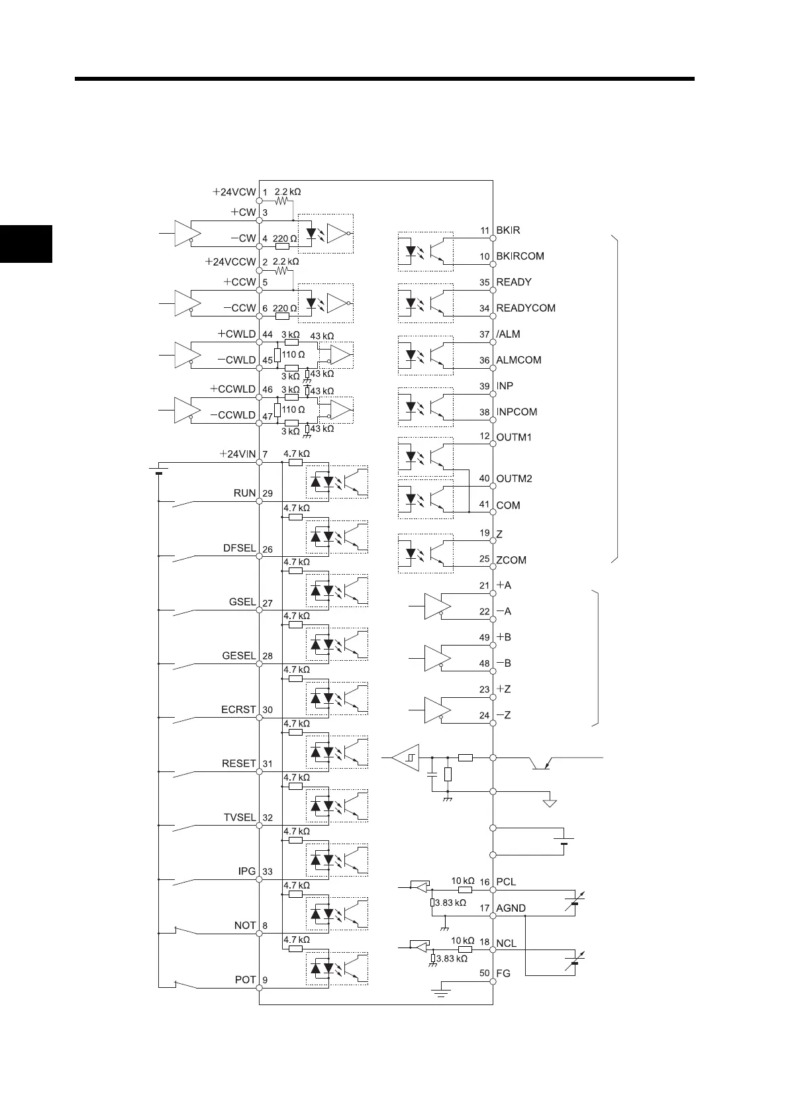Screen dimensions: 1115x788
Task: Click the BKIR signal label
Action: [x=508, y=230]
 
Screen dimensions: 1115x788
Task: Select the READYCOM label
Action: [x=526, y=308]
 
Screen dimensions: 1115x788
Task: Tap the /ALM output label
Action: [x=509, y=334]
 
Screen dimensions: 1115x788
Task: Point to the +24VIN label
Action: [x=238, y=454]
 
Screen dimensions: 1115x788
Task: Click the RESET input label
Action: [x=238, y=763]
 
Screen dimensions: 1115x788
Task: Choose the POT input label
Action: [x=245, y=979]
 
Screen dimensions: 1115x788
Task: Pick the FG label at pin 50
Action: [x=504, y=973]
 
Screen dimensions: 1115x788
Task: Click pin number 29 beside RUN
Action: [x=268, y=494]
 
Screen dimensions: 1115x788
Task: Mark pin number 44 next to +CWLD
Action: [x=268, y=334]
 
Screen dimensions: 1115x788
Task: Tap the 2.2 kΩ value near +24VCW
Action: [x=287, y=192]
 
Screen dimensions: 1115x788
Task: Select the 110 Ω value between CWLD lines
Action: [x=293, y=354]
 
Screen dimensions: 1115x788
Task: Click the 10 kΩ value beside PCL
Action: [x=463, y=881]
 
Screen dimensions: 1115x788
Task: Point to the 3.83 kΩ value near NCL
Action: [x=451, y=958]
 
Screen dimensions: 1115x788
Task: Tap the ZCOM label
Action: [x=511, y=560]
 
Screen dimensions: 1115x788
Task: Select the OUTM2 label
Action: [x=514, y=479]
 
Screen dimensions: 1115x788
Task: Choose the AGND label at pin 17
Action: [x=511, y=908]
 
